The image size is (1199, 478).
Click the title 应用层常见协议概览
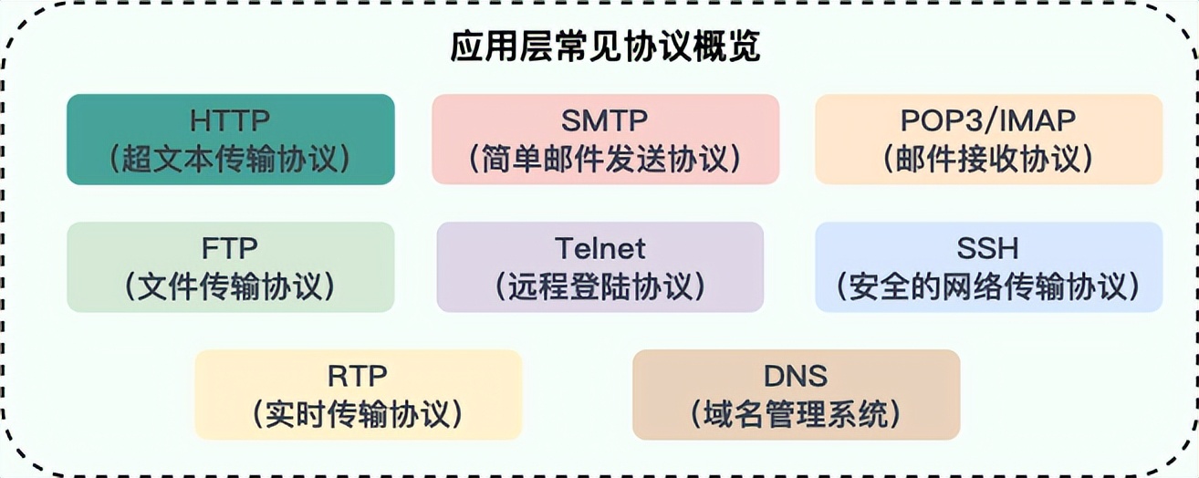coord(605,47)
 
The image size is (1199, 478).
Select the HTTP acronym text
coord(230,120)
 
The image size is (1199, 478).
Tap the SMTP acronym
coord(604,120)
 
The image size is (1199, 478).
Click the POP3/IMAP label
coord(988,120)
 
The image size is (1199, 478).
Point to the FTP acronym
coord(230,248)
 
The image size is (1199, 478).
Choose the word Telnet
coord(600,248)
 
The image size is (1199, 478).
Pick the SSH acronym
coord(987,248)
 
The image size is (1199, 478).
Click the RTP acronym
coord(357,376)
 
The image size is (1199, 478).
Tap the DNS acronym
coord(796,376)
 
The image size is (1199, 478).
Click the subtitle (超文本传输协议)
coord(230,159)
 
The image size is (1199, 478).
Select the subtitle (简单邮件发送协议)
coord(605,159)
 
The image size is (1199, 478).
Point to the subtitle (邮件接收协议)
coord(988,159)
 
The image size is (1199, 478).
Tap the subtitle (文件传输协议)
coord(230,286)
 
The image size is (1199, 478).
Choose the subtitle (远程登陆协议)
coord(600,286)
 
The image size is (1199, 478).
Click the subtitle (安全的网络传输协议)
coord(987,286)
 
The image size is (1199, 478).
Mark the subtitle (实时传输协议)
coord(357,414)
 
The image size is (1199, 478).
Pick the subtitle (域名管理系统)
coord(796,414)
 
